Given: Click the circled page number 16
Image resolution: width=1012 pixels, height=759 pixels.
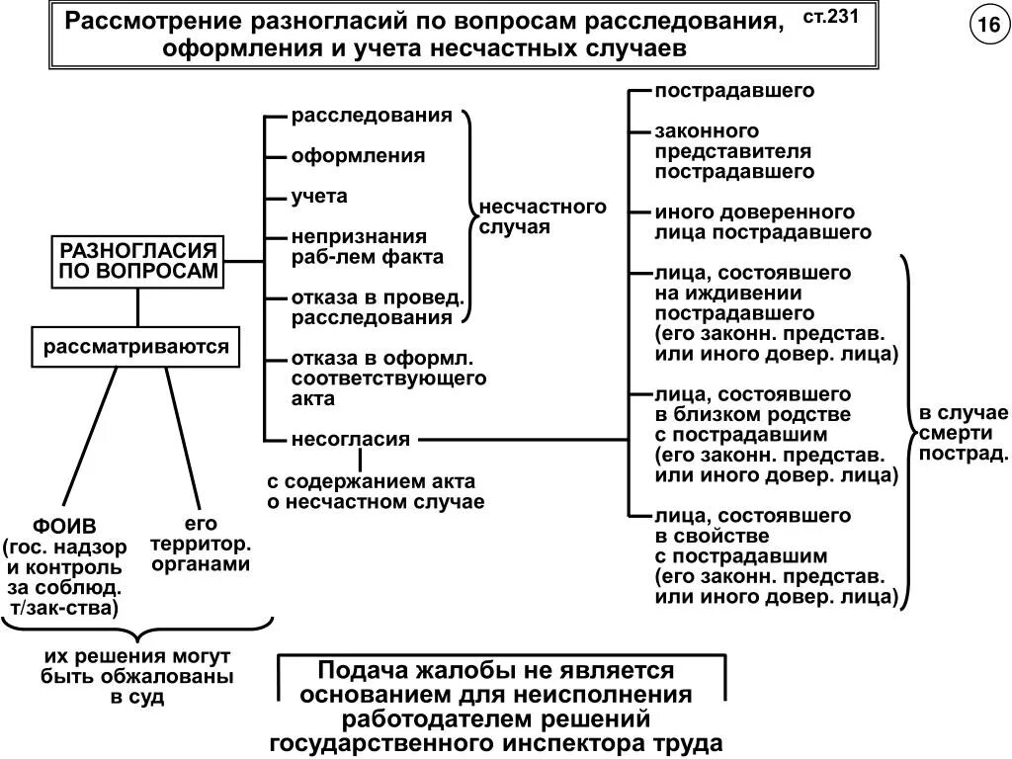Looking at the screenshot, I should coord(986,28).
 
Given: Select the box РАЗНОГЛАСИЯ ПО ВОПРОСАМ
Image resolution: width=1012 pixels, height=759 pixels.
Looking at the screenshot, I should coord(137,261).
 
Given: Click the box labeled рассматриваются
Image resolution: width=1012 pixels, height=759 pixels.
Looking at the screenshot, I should coord(136,347).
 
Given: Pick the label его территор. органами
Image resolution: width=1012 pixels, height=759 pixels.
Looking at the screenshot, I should coord(200,544).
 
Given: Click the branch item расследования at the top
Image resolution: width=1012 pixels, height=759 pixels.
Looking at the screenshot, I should coord(372,116).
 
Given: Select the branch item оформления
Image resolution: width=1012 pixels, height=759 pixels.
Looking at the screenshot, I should coord(358,156).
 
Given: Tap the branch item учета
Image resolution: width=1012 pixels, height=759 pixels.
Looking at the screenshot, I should coord(319,197).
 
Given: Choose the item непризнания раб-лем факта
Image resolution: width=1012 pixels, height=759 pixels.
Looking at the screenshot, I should coord(367,247).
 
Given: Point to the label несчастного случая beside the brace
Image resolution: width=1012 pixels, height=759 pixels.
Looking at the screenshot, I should coord(542,216).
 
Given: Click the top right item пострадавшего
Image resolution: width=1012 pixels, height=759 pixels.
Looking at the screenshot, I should coord(733,91).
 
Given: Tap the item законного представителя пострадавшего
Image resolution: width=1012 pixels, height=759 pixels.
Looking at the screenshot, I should coord(732,151).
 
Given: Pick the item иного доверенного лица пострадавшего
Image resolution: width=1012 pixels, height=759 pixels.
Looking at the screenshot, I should coord(762,222).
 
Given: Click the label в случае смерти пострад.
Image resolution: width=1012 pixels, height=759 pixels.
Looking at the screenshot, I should coord(964,433).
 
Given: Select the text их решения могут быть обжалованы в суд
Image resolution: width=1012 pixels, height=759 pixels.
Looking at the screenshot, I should coord(137,677).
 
